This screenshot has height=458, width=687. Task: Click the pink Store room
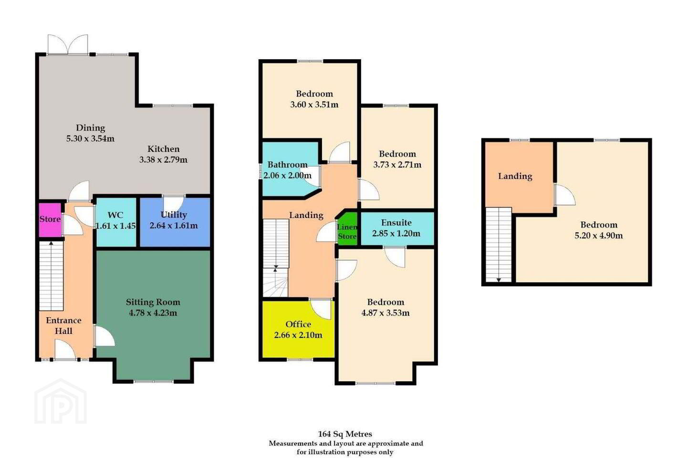[50, 219]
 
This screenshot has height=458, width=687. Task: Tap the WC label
[115, 215]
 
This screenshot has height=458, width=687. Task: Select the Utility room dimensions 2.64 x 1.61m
[174, 226]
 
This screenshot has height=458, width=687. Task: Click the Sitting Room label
[153, 302]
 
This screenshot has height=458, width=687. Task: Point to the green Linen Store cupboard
[347, 229]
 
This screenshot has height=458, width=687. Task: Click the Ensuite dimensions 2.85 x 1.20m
[396, 234]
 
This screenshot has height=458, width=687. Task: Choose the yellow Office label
[298, 324]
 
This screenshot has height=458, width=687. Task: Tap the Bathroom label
[287, 165]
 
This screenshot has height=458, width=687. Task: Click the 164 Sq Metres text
[345, 434]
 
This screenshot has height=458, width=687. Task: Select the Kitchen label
[164, 149]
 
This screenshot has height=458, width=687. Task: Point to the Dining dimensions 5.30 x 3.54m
[91, 139]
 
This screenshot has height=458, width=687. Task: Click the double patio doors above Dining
[68, 45]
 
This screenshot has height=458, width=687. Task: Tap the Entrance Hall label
[63, 326]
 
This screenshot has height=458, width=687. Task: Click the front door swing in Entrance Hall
[65, 349]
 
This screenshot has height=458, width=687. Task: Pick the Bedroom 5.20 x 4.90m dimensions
[599, 236]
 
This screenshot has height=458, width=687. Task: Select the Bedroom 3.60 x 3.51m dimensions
[314, 105]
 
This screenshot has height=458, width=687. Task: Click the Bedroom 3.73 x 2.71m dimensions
[397, 165]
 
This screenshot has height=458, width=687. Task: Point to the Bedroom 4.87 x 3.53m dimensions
[385, 313]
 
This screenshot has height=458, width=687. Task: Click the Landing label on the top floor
[515, 177]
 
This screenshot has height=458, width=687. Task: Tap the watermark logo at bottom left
[61, 401]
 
